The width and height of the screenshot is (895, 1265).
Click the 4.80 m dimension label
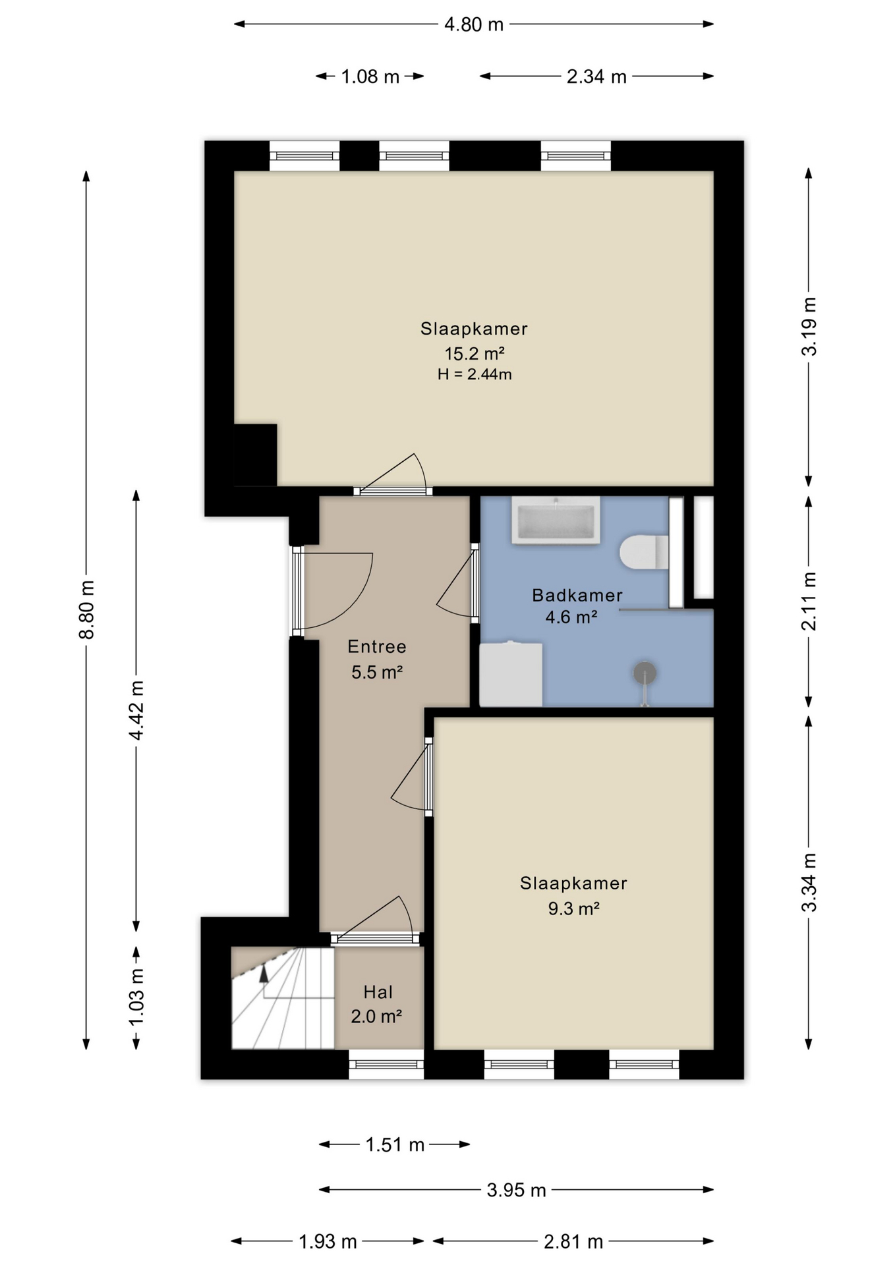[x=473, y=25]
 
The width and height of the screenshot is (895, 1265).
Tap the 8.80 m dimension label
[x=87, y=609]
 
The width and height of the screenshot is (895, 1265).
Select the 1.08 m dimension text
[x=370, y=77]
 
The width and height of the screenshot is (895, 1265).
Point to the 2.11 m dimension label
[x=809, y=601]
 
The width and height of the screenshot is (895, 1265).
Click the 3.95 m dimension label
[x=516, y=1190]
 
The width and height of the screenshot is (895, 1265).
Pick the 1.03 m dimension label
[x=136, y=997]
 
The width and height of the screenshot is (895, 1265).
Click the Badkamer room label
[x=577, y=596]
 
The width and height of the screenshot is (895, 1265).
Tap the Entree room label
[x=377, y=646]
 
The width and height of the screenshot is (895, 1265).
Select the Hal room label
[x=378, y=992]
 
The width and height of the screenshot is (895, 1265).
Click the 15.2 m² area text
[x=475, y=354]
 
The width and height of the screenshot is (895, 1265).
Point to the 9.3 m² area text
[x=573, y=909]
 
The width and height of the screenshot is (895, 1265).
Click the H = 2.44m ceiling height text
[x=475, y=375]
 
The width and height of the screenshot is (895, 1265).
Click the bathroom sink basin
[x=556, y=520]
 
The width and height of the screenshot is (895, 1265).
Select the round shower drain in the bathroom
[x=645, y=673]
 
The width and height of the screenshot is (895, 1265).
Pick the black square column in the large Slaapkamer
[x=255, y=455]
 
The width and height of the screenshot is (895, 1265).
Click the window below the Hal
[x=386, y=1064]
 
